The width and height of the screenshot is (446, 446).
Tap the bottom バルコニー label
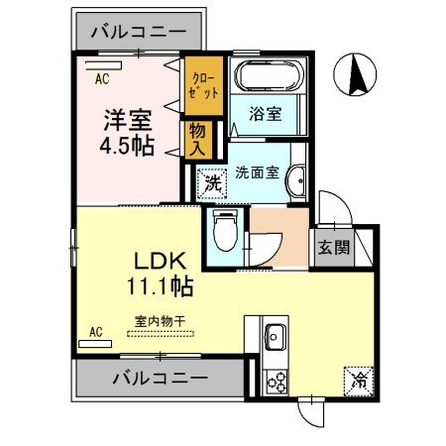(x=160, y=379)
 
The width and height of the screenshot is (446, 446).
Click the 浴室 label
(x=265, y=114)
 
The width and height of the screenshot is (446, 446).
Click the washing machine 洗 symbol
(x=210, y=182)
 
